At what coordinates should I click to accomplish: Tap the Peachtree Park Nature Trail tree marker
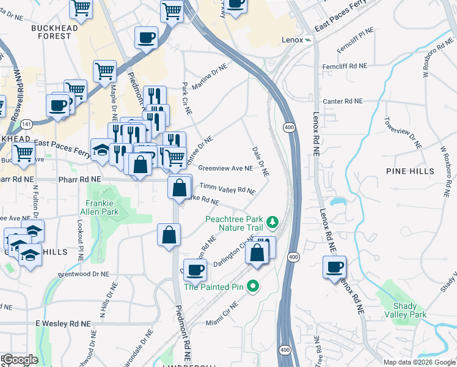(x=275, y=221)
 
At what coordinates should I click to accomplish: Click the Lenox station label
(x=293, y=39)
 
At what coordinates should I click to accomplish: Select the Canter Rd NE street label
(x=343, y=101)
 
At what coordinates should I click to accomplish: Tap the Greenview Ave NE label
(x=225, y=168)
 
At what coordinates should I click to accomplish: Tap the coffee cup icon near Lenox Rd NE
(x=334, y=267)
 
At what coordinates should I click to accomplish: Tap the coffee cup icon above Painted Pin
(x=195, y=269)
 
